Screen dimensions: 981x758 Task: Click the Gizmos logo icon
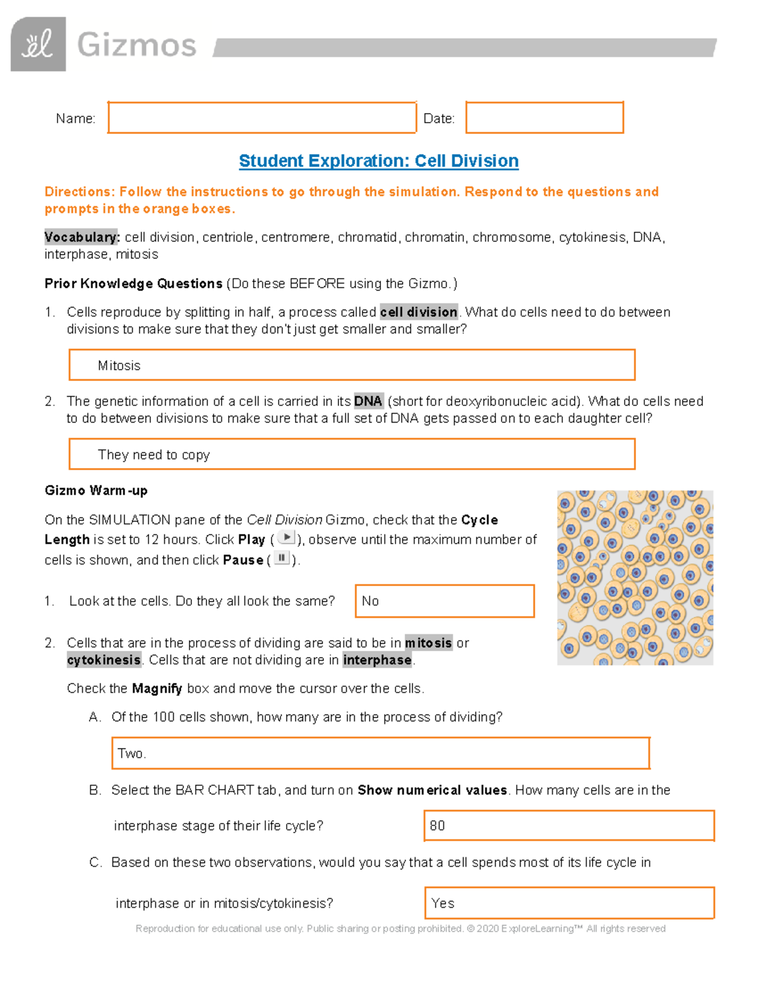pyautogui.click(x=38, y=44)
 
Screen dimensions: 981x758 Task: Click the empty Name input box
pyautogui.click(x=262, y=117)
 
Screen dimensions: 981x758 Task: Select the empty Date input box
pyautogui.click(x=544, y=117)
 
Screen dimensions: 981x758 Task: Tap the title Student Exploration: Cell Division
pyautogui.click(x=378, y=161)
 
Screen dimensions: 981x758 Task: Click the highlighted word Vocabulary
pyautogui.click(x=81, y=238)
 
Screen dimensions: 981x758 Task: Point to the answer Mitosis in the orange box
pyautogui.click(x=119, y=366)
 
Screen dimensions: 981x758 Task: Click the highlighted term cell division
pyautogui.click(x=418, y=312)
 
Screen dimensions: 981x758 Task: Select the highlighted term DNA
pyautogui.click(x=368, y=401)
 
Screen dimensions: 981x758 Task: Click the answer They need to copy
pyautogui.click(x=153, y=455)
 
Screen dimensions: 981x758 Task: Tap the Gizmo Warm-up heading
pyautogui.click(x=96, y=491)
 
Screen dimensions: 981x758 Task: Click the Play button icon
pyautogui.click(x=286, y=538)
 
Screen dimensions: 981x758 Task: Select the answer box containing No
pyautogui.click(x=445, y=601)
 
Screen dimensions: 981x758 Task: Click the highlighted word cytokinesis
pyautogui.click(x=104, y=660)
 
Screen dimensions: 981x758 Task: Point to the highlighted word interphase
pyautogui.click(x=377, y=660)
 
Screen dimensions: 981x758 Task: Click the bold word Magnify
pyautogui.click(x=157, y=689)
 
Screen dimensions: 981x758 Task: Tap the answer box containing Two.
pyautogui.click(x=380, y=753)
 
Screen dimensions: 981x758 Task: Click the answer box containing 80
pyautogui.click(x=568, y=826)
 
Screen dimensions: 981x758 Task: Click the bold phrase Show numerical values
pyautogui.click(x=432, y=790)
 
